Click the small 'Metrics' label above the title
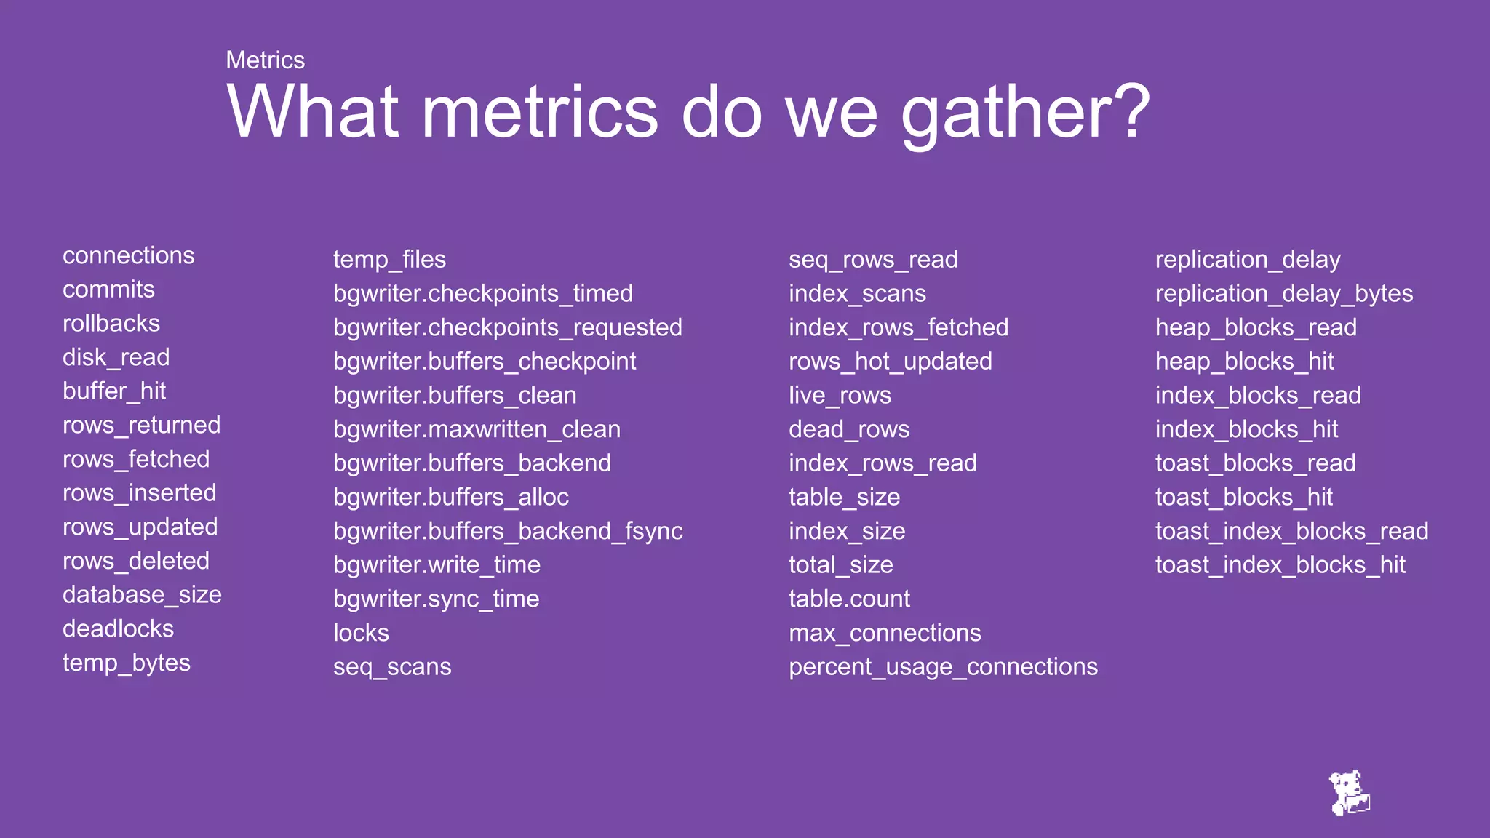pyautogui.click(x=265, y=60)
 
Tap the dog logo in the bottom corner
pyautogui.click(x=1350, y=794)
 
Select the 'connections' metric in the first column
pyautogui.click(x=128, y=255)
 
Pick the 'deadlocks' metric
pyautogui.click(x=118, y=628)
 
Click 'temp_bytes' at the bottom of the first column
pyautogui.click(x=126, y=663)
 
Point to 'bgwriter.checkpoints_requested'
pyautogui.click(x=507, y=327)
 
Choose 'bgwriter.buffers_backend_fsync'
pyautogui.click(x=507, y=531)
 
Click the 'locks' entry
pyautogui.click(x=361, y=633)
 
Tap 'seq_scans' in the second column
pyautogui.click(x=391, y=667)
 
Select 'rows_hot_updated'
pyautogui.click(x=890, y=362)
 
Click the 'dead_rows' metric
pyautogui.click(x=848, y=429)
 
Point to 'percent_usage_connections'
pyautogui.click(x=943, y=667)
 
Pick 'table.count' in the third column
pyautogui.click(x=849, y=599)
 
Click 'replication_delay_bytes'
pyautogui.click(x=1283, y=293)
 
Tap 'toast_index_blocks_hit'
pyautogui.click(x=1280, y=565)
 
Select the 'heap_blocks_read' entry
pyautogui.click(x=1255, y=327)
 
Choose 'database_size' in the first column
pyautogui.click(x=142, y=594)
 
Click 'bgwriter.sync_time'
pyautogui.click(x=436, y=599)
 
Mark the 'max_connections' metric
pyautogui.click(x=885, y=633)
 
